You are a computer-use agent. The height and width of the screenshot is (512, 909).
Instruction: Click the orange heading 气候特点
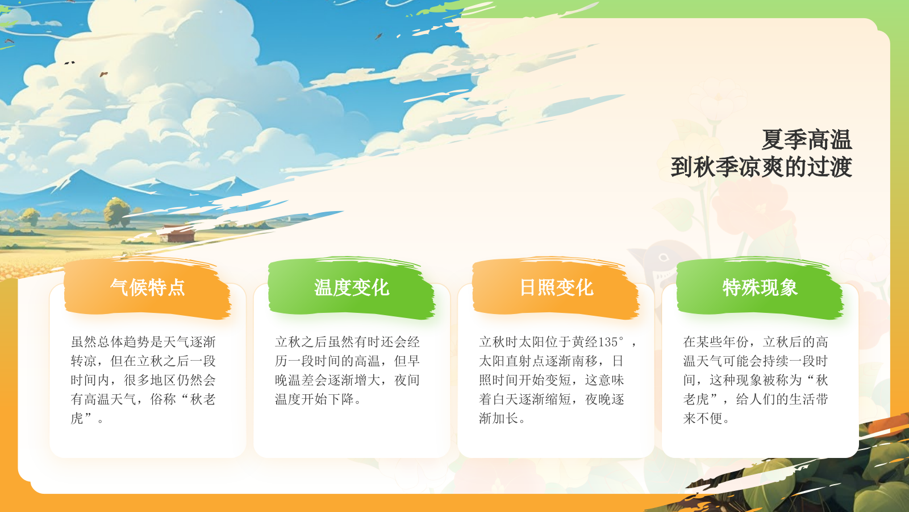point(148,287)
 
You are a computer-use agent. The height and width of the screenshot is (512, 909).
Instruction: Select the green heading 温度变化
point(352,287)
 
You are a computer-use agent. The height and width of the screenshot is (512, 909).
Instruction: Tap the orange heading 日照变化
point(556,287)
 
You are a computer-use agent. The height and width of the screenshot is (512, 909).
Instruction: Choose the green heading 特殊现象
point(760,287)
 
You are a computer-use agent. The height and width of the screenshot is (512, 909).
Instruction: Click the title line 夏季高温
point(806,140)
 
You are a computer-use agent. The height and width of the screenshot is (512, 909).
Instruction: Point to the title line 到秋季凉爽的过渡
point(761,167)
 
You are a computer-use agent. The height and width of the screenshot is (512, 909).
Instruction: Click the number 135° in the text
point(611,342)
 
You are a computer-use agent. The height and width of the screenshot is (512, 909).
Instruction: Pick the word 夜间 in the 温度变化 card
point(407,380)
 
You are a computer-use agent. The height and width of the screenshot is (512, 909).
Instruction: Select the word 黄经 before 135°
point(585,342)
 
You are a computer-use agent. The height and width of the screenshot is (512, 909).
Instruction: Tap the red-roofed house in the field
point(178,233)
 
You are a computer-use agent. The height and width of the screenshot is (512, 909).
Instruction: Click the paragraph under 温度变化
point(347,370)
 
